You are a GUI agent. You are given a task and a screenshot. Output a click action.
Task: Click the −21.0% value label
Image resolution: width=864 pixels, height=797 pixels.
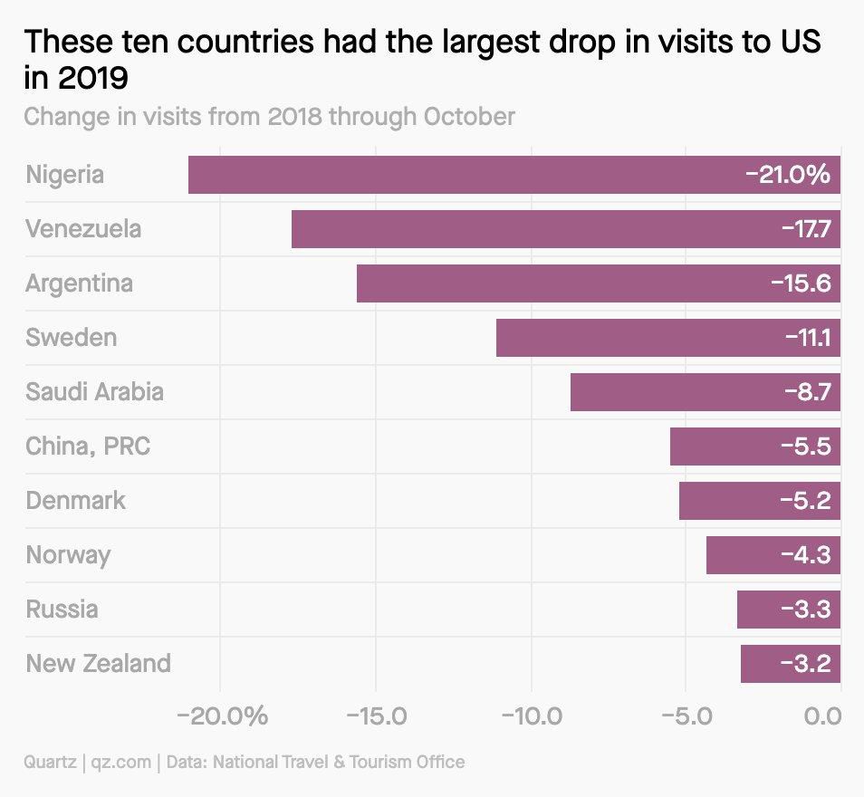click(x=787, y=175)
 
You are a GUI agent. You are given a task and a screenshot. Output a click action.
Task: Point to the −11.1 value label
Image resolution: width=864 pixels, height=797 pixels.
click(x=808, y=338)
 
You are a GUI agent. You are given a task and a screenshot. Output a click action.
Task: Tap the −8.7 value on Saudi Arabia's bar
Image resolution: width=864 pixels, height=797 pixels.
click(x=807, y=392)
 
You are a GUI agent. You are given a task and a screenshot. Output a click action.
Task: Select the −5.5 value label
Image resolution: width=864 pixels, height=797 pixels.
click(x=805, y=447)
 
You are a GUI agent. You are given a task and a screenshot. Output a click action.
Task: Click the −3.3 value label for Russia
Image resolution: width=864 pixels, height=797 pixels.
click(x=805, y=610)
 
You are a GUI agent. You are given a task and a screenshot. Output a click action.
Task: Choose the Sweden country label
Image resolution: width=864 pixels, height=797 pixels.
click(x=72, y=338)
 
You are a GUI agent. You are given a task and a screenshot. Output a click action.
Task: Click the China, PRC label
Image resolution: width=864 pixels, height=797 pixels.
click(x=88, y=447)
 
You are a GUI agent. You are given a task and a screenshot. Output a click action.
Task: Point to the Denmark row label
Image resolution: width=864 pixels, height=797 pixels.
click(x=76, y=501)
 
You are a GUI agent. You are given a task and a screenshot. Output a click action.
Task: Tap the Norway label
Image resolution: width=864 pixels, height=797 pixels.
click(x=68, y=555)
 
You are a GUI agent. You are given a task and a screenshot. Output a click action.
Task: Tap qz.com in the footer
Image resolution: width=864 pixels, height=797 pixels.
click(x=120, y=762)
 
